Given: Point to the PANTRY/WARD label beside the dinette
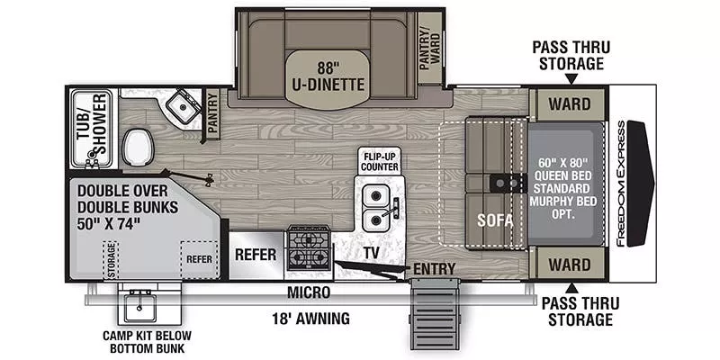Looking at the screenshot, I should pos(430,49).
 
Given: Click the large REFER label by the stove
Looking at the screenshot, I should pos(255,254).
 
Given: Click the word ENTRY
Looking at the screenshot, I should pos(435,269).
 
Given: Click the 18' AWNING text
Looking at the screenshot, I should pos(311,318).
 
